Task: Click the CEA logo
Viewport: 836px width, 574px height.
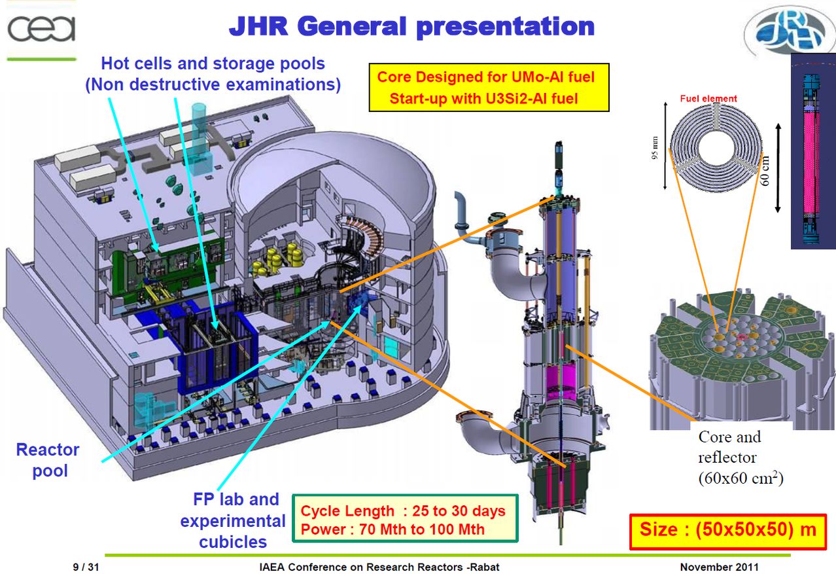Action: tap(41, 29)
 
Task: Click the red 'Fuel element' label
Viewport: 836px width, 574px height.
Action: tap(708, 99)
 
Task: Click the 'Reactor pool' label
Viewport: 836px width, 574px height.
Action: tap(47, 459)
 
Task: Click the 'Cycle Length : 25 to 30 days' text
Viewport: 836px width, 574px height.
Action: tap(403, 511)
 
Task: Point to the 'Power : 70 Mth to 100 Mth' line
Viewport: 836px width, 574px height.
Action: tap(392, 529)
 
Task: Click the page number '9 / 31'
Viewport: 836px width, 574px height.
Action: tap(85, 566)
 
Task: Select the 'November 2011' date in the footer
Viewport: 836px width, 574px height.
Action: tap(720, 566)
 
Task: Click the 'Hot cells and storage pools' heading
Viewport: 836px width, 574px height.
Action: tap(213, 63)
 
